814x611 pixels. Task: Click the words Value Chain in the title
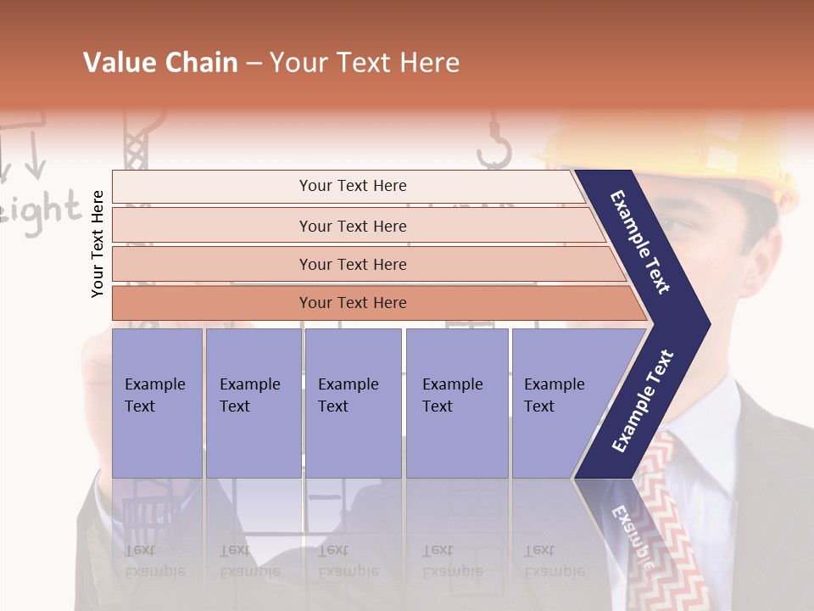point(160,63)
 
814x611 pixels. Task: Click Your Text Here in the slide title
point(365,63)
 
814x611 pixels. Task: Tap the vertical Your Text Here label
point(98,244)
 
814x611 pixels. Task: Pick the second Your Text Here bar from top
point(353,226)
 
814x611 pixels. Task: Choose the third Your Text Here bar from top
point(353,264)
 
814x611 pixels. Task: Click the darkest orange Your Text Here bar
point(353,303)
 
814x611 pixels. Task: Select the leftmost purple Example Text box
point(157,402)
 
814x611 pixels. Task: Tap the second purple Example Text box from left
point(253,402)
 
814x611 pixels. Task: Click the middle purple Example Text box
point(353,402)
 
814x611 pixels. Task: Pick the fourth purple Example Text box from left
point(456,402)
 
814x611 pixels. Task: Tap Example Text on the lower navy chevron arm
point(644,401)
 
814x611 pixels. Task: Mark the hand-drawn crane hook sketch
point(493,144)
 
